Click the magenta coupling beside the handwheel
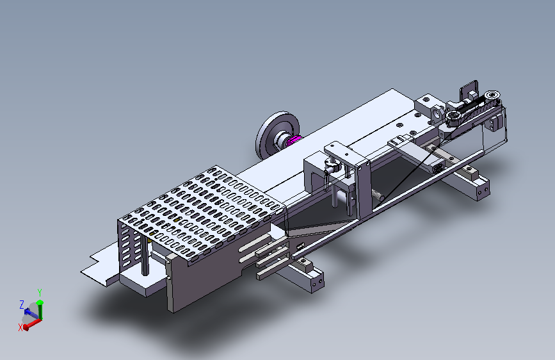pyautogui.click(x=293, y=141)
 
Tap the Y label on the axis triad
pyautogui.click(x=40, y=293)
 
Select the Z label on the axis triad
pyautogui.click(x=22, y=304)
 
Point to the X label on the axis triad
pyautogui.click(x=20, y=327)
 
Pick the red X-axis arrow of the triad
pyautogui.click(x=32, y=323)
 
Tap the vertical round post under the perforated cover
pyautogui.click(x=145, y=254)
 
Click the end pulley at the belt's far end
pyautogui.click(x=492, y=95)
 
